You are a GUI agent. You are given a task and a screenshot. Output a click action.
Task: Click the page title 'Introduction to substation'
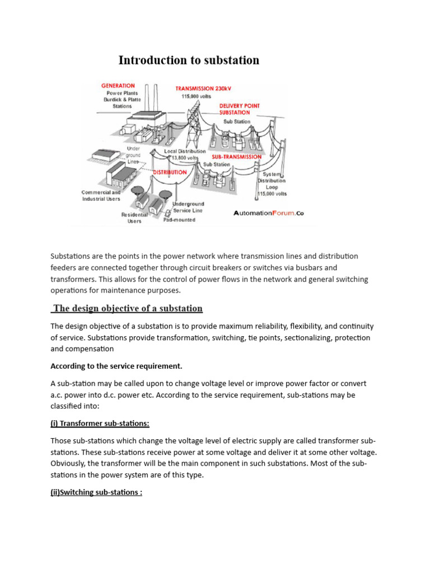[189, 60]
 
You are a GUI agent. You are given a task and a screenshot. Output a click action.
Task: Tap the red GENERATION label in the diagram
[118, 86]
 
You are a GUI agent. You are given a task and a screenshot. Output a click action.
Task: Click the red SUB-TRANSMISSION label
[236, 157]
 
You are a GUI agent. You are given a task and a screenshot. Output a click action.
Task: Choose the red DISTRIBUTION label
[170, 172]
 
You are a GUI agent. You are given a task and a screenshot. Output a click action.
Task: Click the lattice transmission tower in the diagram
[194, 126]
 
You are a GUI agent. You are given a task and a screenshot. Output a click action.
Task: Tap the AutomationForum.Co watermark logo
[268, 213]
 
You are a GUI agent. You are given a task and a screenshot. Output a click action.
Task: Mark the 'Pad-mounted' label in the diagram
[179, 220]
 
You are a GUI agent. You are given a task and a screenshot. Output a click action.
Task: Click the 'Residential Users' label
[134, 218]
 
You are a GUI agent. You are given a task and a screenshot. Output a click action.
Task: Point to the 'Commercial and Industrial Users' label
[101, 195]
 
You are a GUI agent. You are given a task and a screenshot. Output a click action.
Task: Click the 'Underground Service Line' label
[189, 208]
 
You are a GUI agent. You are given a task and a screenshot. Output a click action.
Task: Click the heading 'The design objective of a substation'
[127, 308]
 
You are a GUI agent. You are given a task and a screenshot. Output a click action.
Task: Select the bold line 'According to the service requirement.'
[116, 366]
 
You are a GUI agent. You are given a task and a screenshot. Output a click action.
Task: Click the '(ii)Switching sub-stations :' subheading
[96, 494]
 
